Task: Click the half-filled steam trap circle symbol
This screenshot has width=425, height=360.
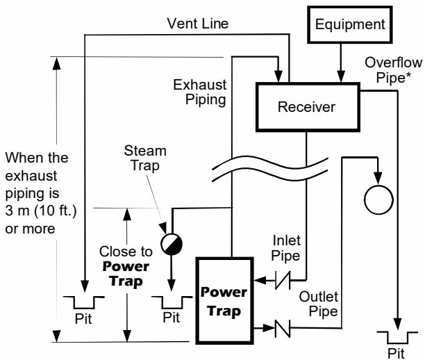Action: tap(172, 244)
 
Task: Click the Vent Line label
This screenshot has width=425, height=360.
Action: tap(198, 24)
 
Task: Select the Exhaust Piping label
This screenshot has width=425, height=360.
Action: tap(200, 92)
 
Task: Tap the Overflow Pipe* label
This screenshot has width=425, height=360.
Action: tap(393, 70)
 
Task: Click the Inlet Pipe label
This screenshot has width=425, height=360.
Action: tap(286, 248)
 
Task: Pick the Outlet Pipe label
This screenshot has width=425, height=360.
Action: tap(319, 304)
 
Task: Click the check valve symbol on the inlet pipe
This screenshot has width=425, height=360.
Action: tap(283, 280)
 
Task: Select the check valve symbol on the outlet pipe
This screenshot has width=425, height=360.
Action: tap(283, 328)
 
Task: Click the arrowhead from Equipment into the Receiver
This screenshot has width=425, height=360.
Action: tap(341, 76)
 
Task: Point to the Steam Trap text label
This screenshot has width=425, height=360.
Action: tap(145, 158)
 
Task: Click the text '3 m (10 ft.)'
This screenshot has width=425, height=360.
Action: tap(41, 211)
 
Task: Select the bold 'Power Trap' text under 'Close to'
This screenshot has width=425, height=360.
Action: tap(126, 273)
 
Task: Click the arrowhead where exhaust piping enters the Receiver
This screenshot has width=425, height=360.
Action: tap(278, 76)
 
